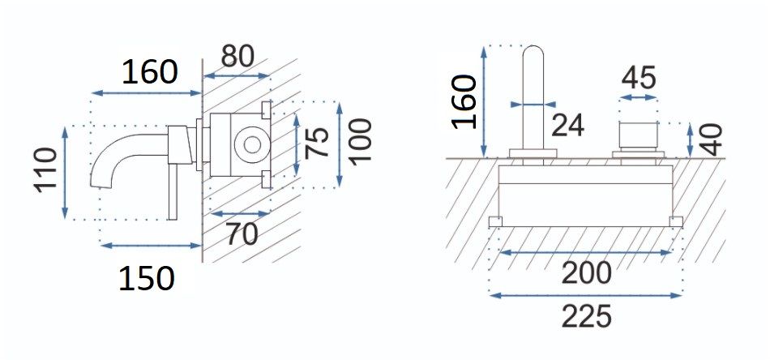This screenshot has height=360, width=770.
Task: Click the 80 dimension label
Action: pos(237,56)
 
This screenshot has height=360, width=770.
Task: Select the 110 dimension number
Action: pos(45,170)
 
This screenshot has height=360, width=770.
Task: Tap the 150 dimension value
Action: pos(147,278)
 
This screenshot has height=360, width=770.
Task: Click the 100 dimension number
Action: pos(360,140)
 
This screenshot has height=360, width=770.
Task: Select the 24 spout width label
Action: pos(567,125)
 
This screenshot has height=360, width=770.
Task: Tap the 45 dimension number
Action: pos(639,78)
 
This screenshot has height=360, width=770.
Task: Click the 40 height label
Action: pos(711,139)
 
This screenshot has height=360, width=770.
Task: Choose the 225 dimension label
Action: pos(586,316)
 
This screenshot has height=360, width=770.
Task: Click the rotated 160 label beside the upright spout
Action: pos(464,101)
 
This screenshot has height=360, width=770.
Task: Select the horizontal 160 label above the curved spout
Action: pos(149,71)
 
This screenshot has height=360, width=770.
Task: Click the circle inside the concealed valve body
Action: pos(251,144)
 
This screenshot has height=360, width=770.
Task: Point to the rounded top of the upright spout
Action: pos(533,49)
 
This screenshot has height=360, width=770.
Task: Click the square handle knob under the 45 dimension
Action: pos(639,135)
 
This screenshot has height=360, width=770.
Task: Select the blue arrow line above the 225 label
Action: pos(586,295)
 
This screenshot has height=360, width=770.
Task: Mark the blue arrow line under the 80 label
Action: pos(237,75)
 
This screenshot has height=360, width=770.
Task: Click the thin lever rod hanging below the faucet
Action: pos(172,191)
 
